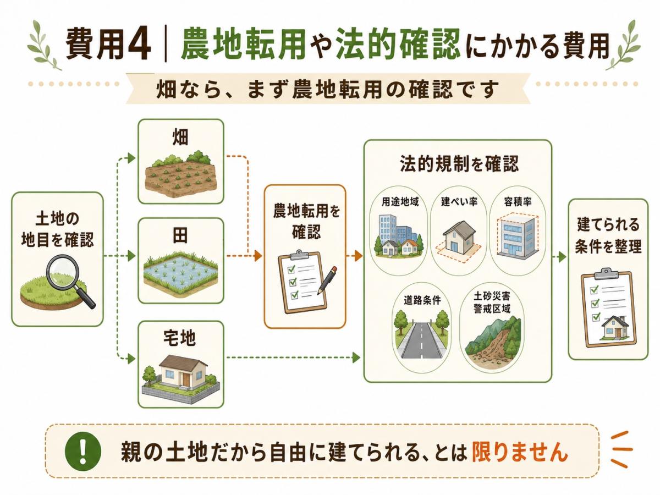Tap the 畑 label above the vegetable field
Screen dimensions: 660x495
pyautogui.click(x=180, y=137)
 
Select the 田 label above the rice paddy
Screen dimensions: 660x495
pyautogui.click(x=180, y=235)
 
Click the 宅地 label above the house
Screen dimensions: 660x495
pyautogui.click(x=180, y=338)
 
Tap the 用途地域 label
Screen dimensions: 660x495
pyautogui.click(x=400, y=202)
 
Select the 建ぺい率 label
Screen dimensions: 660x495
pyautogui.click(x=459, y=202)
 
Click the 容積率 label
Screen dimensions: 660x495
pyautogui.click(x=518, y=202)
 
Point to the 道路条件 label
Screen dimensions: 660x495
pyautogui.click(x=422, y=300)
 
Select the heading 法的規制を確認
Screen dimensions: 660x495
pyautogui.click(x=459, y=164)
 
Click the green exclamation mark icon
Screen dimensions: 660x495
pyautogui.click(x=83, y=451)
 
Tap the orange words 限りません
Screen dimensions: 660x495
pyautogui.click(x=519, y=452)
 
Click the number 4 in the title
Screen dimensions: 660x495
pyautogui.click(x=139, y=44)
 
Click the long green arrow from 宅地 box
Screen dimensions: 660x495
pyautogui.click(x=293, y=358)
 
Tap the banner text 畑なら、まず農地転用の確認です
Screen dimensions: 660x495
pyautogui.click(x=327, y=89)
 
